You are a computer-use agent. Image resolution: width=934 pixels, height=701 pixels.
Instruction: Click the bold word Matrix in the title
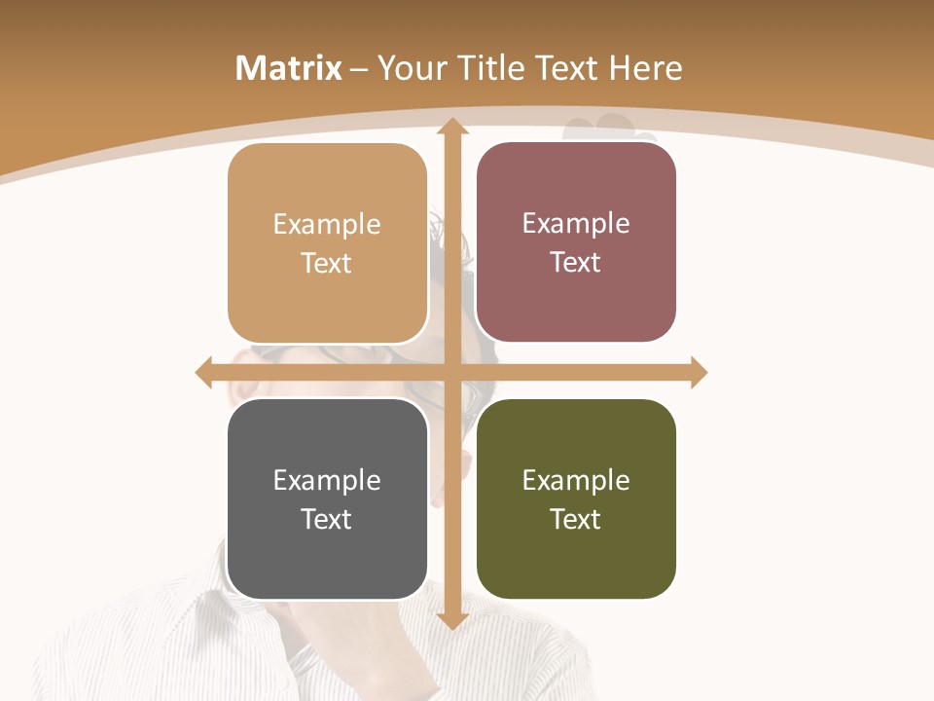pyautogui.click(x=289, y=68)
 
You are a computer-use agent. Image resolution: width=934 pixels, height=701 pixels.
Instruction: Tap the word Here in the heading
pyautogui.click(x=646, y=68)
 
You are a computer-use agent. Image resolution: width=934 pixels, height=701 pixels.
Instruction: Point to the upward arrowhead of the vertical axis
pyautogui.click(x=451, y=128)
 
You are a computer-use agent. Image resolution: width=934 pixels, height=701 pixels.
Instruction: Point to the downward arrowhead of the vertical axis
pyautogui.click(x=451, y=620)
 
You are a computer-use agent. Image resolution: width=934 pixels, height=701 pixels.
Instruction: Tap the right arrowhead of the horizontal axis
pyautogui.click(x=699, y=372)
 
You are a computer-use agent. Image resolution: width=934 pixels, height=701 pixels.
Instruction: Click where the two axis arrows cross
pyautogui.click(x=451, y=372)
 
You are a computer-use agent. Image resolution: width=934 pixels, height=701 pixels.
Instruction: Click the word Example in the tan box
pyautogui.click(x=327, y=225)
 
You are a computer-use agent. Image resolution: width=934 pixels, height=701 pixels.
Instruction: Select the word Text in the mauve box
pyautogui.click(x=575, y=263)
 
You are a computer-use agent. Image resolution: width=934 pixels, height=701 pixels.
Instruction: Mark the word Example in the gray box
pyautogui.click(x=327, y=481)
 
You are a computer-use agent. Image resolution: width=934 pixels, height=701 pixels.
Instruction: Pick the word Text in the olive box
pyautogui.click(x=575, y=519)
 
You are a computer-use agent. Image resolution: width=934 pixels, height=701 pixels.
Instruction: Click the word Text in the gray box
pyautogui.click(x=326, y=519)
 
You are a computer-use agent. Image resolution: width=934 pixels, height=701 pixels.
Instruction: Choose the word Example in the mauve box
pyautogui.click(x=576, y=224)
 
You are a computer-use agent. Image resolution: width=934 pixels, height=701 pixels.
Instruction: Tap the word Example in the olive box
pyautogui.click(x=576, y=481)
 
